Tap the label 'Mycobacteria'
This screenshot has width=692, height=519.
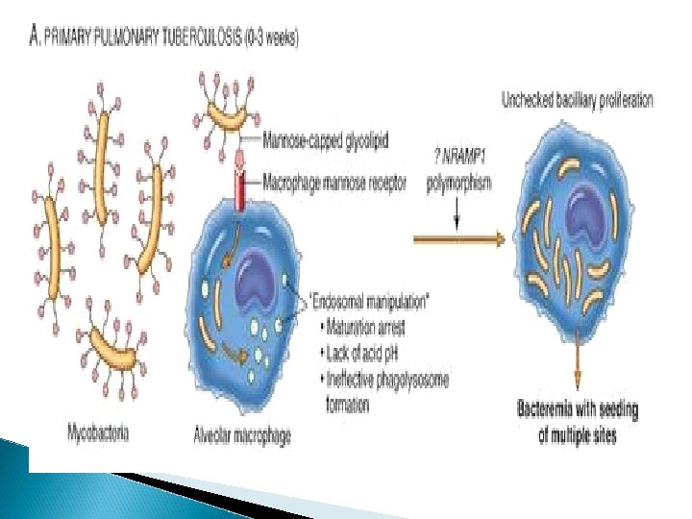tap(99, 432)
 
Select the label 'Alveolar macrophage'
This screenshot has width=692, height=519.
tap(243, 435)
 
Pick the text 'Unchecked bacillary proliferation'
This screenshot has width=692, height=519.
tap(577, 100)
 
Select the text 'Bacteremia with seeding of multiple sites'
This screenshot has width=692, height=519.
tap(577, 422)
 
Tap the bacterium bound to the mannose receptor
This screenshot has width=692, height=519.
tap(227, 114)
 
